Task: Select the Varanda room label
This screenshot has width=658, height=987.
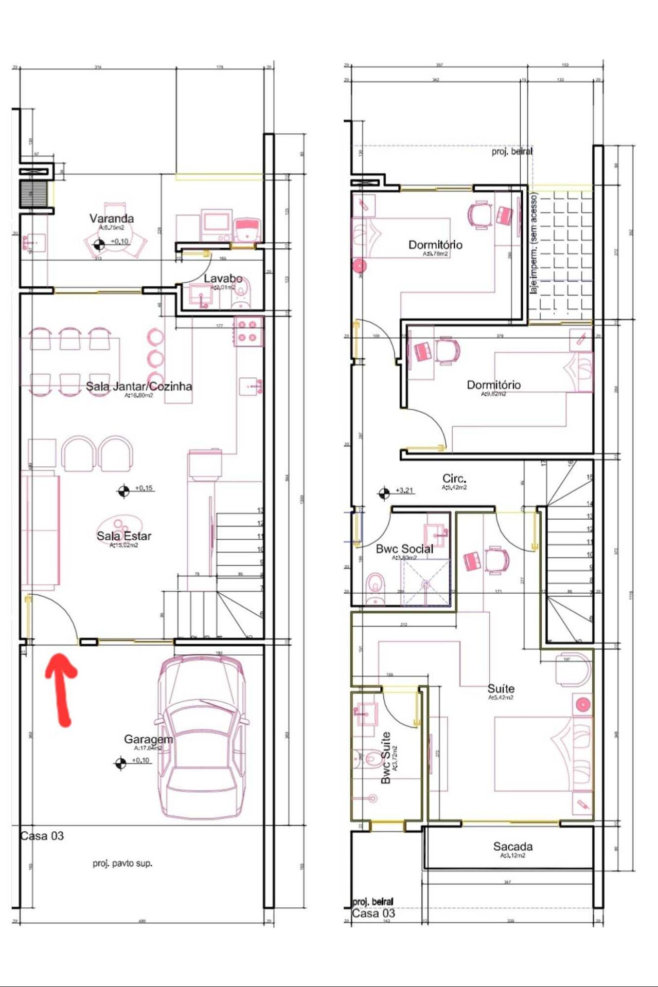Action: tap(112, 218)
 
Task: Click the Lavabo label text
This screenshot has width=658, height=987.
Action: tap(223, 279)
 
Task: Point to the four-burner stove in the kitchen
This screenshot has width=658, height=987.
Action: tap(247, 331)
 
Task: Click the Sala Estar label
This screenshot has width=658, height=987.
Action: tap(124, 536)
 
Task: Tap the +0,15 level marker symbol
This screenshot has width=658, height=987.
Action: tap(123, 491)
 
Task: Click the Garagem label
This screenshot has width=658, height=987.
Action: tap(148, 739)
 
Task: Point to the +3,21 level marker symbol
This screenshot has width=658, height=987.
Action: tap(383, 493)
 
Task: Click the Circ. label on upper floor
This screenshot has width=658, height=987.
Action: tap(454, 479)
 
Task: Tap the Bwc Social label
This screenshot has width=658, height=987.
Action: tap(404, 549)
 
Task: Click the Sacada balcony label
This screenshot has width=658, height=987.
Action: tap(512, 847)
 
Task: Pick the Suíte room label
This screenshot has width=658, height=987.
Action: tap(501, 689)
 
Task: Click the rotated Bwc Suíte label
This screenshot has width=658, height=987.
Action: tap(386, 758)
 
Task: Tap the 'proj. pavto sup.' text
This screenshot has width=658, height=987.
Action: tap(122, 863)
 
